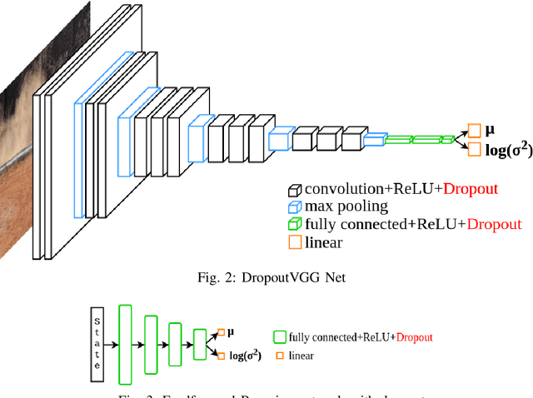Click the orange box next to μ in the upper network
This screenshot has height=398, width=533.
coord(474,131)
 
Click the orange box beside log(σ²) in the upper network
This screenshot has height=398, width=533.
coord(474,150)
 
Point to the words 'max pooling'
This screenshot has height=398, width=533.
coord(346,206)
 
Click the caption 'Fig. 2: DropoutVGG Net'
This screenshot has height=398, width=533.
coord(266,278)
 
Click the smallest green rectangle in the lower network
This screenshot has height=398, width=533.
coord(199,342)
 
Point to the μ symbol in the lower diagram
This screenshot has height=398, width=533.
coord(231,331)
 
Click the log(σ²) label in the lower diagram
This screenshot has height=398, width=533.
coord(245,356)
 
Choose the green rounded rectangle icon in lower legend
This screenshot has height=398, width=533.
coord(279,337)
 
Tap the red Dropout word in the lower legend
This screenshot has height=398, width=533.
coord(414,337)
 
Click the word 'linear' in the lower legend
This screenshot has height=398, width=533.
coord(301,356)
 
